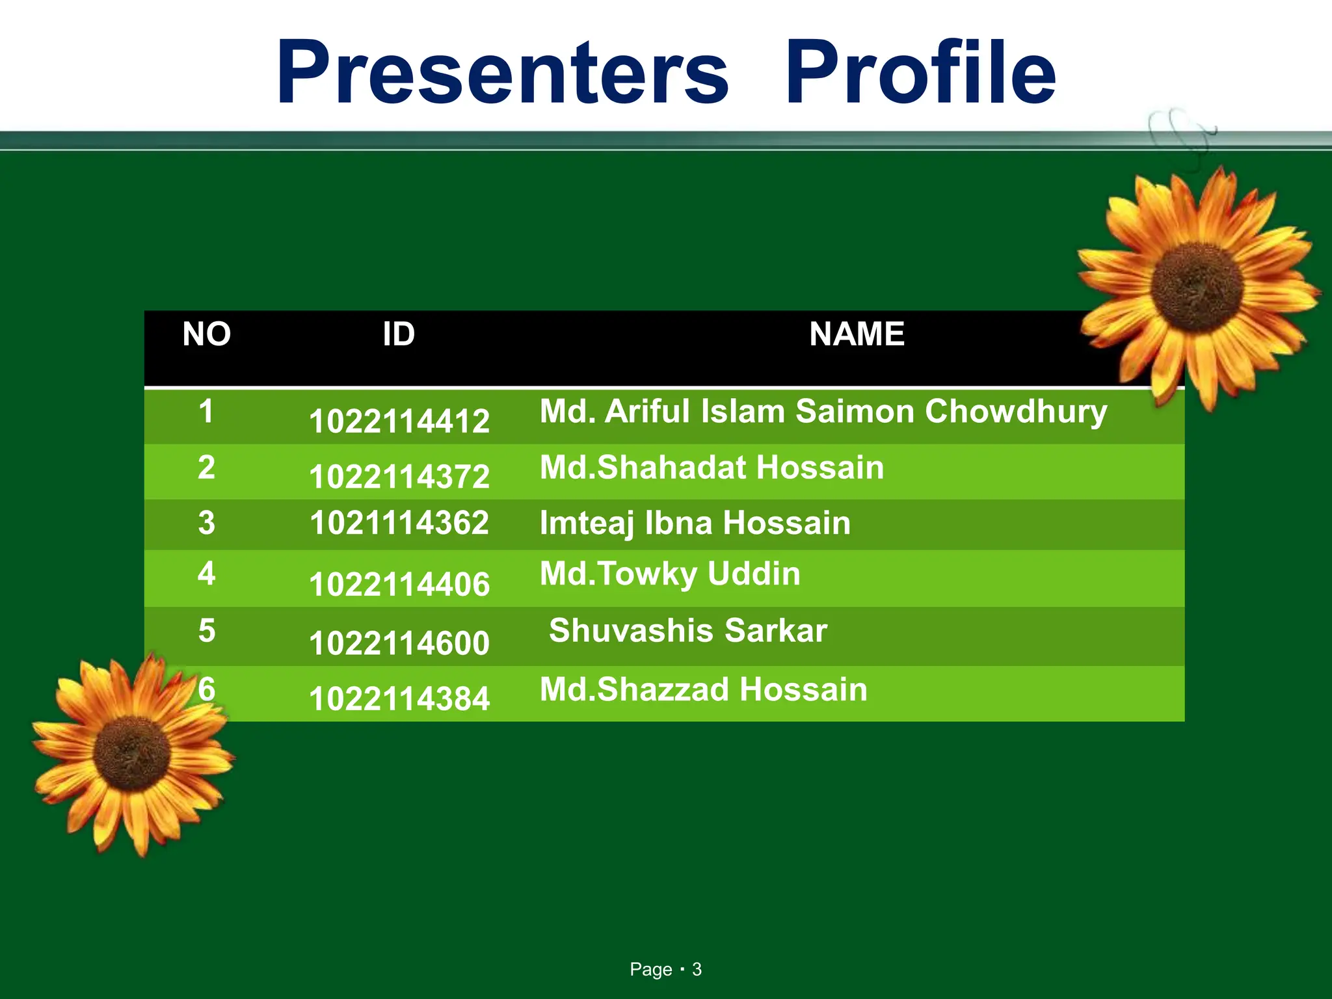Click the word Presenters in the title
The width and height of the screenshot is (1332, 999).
click(x=502, y=73)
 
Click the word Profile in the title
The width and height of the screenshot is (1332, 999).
click(x=920, y=73)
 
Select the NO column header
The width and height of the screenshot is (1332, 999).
click(x=206, y=334)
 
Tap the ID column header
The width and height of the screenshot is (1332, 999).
click(x=398, y=334)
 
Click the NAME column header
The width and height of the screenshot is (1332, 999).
click(x=857, y=334)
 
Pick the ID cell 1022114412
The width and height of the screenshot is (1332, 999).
click(x=399, y=421)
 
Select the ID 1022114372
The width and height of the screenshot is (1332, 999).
click(x=399, y=477)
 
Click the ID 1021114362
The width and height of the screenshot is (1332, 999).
click(x=399, y=523)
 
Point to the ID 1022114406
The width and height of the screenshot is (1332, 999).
click(x=399, y=584)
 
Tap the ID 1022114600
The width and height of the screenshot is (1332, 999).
click(x=399, y=643)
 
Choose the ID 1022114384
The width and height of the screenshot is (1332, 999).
click(x=399, y=699)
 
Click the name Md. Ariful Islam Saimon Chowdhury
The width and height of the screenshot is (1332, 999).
click(x=823, y=412)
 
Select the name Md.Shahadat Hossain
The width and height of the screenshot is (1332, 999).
click(x=712, y=468)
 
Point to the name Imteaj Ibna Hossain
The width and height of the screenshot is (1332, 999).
click(x=695, y=523)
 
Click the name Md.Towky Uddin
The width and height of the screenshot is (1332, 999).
click(x=670, y=574)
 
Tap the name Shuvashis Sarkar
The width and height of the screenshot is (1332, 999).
click(x=687, y=630)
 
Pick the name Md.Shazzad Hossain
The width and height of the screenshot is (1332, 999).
click(x=703, y=689)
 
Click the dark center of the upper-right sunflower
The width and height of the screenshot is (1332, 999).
click(x=1197, y=287)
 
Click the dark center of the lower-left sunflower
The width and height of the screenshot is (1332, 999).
click(x=132, y=753)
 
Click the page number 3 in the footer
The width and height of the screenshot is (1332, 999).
click(x=697, y=969)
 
